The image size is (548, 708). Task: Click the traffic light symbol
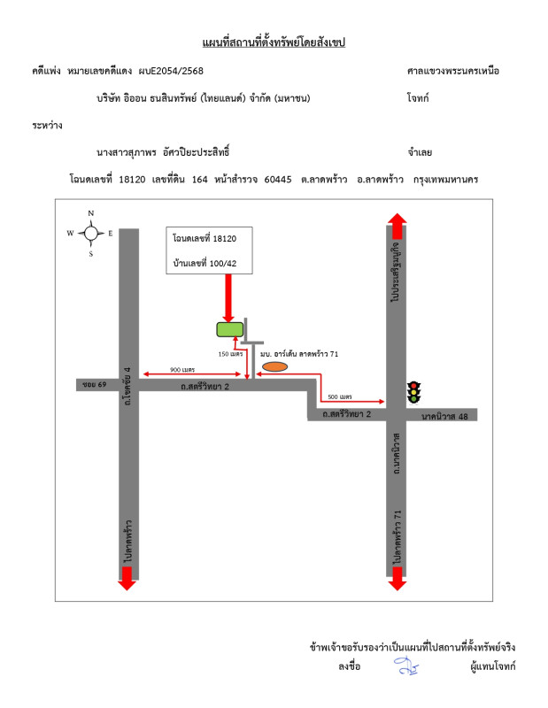coord(413,392)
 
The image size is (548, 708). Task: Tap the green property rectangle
coord(230,329)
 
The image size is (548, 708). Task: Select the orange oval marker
coord(274,366)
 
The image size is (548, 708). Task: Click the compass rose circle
coord(91,233)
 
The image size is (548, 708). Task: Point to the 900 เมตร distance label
coord(182,369)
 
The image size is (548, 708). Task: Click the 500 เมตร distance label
coord(340,396)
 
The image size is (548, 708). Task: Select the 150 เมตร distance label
coord(230,353)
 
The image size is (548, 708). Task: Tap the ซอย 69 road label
coord(95,384)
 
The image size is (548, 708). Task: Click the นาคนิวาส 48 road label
coord(444,416)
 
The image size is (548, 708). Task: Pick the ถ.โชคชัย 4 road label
coord(127,386)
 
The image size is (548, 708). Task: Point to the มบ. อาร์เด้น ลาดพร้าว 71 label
coord(299,353)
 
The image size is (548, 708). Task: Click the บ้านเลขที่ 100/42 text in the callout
coord(205,263)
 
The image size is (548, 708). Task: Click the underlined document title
coord(274,42)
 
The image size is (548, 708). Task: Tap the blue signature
coord(406,666)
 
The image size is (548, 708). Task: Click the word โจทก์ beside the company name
coord(418,98)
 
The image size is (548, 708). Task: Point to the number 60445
coord(278,180)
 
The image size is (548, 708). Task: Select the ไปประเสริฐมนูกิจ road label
coord(396,272)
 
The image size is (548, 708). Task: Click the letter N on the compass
coord(91,213)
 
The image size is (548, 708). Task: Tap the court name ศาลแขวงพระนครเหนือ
coord(453,71)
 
